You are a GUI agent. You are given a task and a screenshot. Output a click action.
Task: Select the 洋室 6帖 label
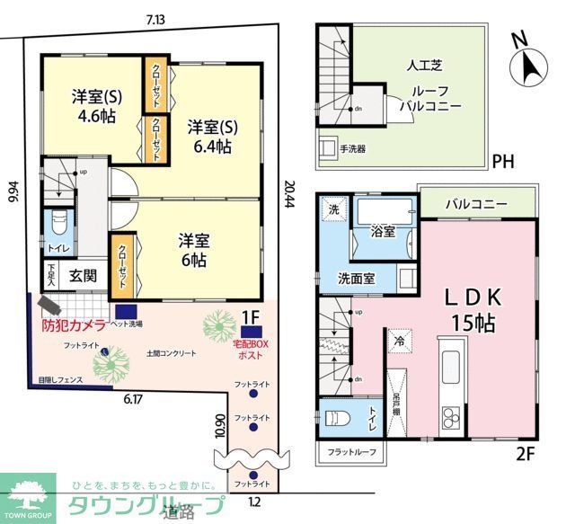click(x=192, y=251)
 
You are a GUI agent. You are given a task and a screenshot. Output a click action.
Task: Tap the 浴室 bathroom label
click(x=384, y=232)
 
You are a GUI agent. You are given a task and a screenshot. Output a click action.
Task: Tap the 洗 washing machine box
click(x=333, y=209)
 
